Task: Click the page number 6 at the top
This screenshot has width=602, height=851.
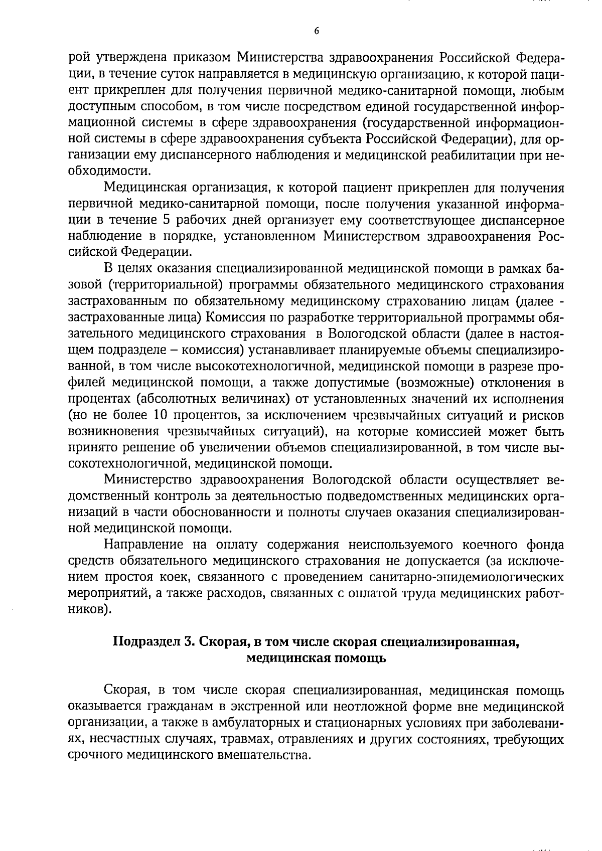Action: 316,31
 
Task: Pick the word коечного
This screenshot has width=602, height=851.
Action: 474,545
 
